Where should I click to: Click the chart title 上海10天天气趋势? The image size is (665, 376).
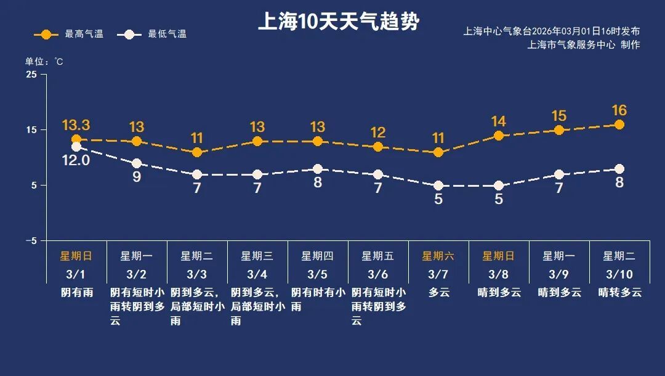pyautogui.click(x=338, y=22)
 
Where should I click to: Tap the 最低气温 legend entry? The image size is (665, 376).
pyautogui.click(x=155, y=34)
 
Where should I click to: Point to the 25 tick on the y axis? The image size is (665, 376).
pyautogui.click(x=31, y=75)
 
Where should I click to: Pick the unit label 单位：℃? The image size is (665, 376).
pyautogui.click(x=44, y=62)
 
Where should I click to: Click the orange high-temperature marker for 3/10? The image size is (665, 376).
pyautogui.click(x=619, y=125)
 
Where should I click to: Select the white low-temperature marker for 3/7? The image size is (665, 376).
pyautogui.click(x=438, y=186)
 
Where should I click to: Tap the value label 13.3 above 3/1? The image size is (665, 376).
pyautogui.click(x=76, y=126)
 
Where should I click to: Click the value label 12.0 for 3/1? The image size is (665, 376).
pyautogui.click(x=76, y=160)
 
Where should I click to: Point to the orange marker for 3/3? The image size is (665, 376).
pyautogui.click(x=197, y=152)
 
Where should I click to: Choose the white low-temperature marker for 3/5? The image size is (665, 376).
pyautogui.click(x=318, y=169)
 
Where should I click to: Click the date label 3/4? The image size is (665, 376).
pyautogui.click(x=257, y=274)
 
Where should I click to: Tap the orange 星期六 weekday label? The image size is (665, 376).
pyautogui.click(x=438, y=256)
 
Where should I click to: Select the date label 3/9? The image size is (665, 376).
pyautogui.click(x=559, y=274)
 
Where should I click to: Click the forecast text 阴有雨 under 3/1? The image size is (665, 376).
pyautogui.click(x=76, y=292)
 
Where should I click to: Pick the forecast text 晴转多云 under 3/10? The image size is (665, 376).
pyautogui.click(x=619, y=292)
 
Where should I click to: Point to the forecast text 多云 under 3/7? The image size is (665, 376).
pyautogui.click(x=438, y=292)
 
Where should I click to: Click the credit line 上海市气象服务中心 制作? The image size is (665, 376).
pyautogui.click(x=584, y=45)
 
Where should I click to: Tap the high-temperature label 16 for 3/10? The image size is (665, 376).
pyautogui.click(x=619, y=110)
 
